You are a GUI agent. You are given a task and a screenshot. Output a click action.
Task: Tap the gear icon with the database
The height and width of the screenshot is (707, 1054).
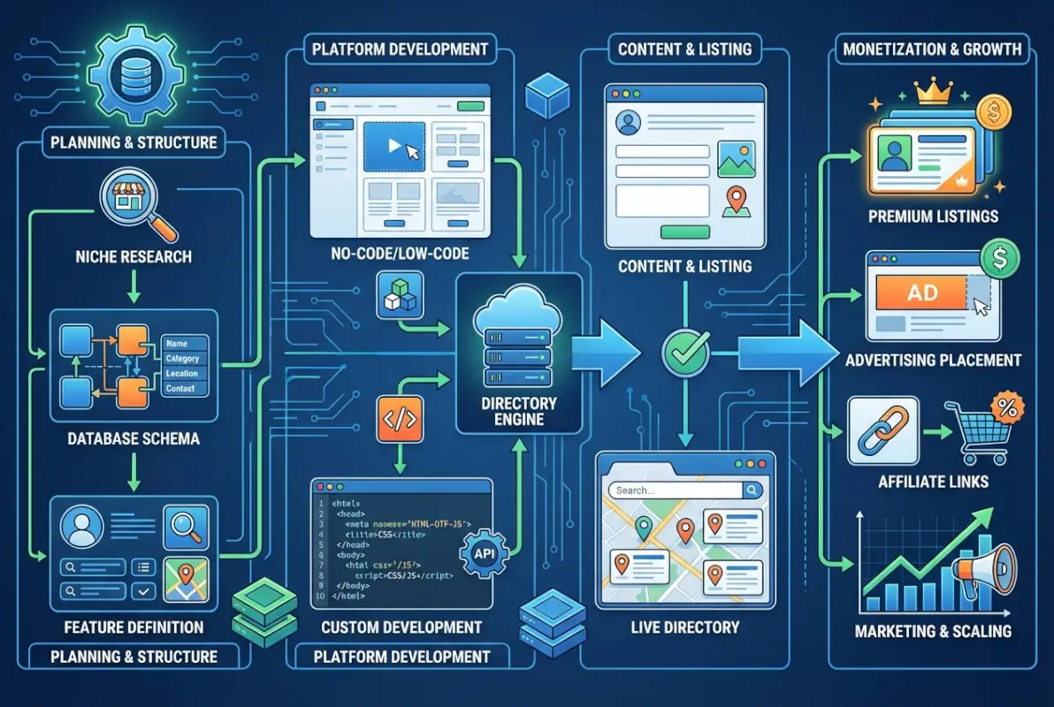(123, 78)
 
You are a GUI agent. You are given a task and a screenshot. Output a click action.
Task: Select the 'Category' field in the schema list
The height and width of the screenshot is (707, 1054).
(183, 359)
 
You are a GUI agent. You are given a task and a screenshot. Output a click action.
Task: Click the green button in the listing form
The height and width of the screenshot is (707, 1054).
(685, 232)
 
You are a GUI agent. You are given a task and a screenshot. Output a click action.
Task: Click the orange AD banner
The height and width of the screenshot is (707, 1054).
(922, 293)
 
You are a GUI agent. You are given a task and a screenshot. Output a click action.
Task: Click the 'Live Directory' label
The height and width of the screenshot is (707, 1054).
(685, 628)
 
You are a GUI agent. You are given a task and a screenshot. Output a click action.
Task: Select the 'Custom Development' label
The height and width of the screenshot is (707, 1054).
(401, 627)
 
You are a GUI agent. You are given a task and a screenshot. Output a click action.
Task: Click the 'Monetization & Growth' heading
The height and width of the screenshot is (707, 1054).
(931, 49)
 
